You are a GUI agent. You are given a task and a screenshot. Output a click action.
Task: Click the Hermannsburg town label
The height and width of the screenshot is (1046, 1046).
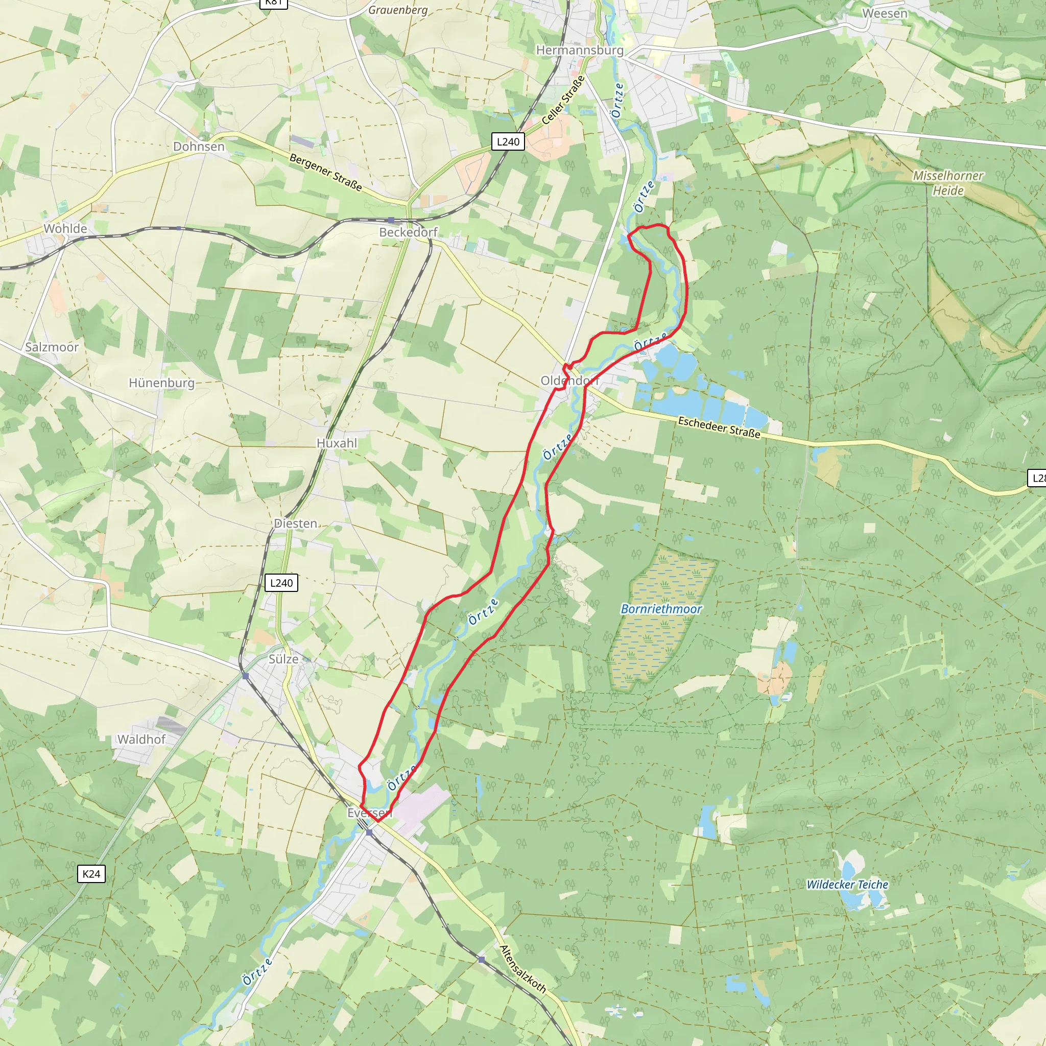579,51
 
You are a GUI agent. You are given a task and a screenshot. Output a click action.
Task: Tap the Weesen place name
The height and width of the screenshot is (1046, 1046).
885,14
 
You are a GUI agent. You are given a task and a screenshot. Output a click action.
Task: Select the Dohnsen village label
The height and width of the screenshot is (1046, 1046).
199,147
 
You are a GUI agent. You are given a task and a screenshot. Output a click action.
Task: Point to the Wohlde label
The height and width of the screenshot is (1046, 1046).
65,228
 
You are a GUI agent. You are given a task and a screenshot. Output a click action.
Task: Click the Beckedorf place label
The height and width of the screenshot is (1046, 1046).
408,232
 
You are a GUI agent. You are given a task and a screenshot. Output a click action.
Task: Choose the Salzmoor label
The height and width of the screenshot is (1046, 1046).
52,347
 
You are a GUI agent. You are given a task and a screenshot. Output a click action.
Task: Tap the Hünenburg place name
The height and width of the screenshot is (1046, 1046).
161,383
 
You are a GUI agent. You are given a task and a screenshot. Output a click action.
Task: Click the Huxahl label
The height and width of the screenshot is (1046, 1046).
337,443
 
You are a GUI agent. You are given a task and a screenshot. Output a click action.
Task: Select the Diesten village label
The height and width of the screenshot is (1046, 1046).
296,524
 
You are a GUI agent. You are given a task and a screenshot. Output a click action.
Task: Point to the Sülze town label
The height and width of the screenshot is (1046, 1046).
283,659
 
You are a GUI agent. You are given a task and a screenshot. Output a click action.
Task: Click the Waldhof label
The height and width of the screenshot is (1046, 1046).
141,739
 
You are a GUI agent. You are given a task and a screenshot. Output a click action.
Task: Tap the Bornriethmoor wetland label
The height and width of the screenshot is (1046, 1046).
661,609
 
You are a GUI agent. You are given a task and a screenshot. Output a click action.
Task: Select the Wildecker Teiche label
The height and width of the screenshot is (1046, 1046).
847,884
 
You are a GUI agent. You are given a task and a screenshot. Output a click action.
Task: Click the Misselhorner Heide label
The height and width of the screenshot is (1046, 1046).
948,183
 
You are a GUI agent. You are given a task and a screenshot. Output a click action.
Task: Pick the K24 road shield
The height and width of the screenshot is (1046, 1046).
91,874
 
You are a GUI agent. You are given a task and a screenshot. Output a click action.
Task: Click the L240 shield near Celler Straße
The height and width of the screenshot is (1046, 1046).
508,142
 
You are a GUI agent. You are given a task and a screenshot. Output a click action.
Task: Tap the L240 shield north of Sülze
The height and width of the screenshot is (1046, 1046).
281,583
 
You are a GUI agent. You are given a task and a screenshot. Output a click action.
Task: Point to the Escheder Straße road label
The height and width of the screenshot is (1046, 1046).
719,427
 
